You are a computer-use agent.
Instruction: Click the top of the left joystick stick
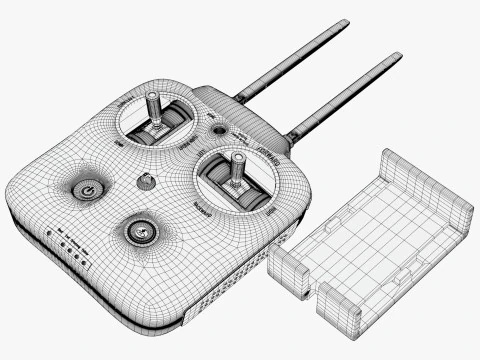[x=154, y=99]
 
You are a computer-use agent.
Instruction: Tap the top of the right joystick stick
[x=239, y=158]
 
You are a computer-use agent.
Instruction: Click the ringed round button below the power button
[x=141, y=233]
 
